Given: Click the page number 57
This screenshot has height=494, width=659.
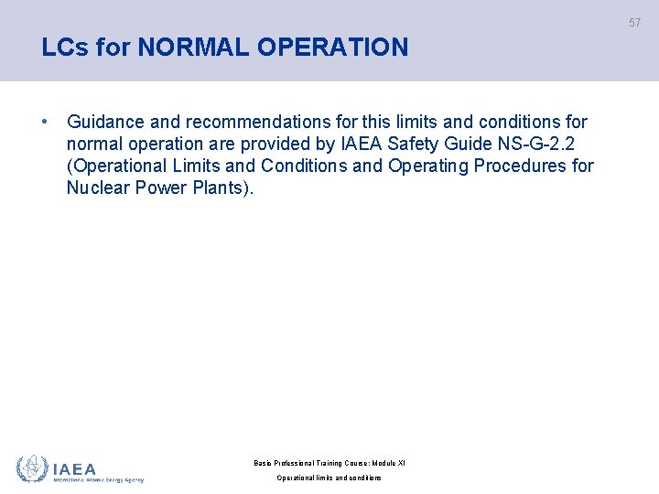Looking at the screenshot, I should tap(634, 23).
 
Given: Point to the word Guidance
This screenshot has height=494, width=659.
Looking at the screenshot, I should tap(106, 122).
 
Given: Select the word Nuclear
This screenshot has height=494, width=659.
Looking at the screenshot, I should tap(98, 188).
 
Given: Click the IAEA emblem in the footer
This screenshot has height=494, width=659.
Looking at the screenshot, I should tap(32, 468).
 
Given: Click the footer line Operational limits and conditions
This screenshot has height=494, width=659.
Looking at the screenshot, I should tap(329, 478).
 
